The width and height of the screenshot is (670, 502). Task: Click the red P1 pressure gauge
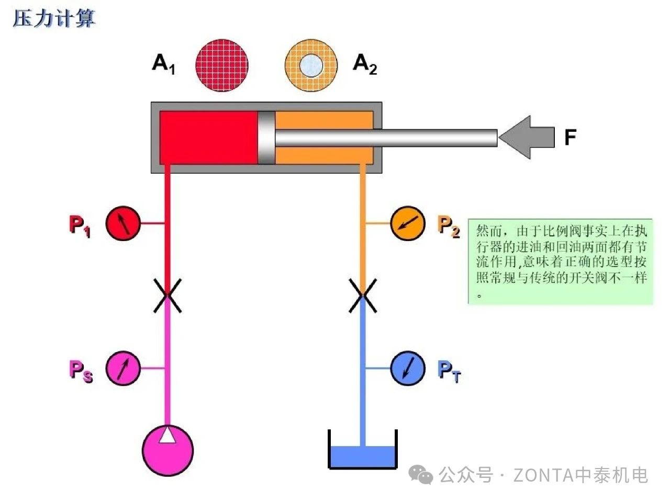point(123,224)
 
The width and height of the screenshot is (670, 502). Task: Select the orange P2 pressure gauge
point(408,224)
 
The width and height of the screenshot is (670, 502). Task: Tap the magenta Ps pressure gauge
point(123,368)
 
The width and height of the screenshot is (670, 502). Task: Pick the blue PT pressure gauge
point(408,368)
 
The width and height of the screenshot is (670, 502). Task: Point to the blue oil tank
point(362,456)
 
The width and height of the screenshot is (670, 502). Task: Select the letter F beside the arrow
point(570,138)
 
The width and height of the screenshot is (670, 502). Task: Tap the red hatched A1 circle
point(222,65)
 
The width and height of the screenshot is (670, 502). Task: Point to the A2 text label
point(365,64)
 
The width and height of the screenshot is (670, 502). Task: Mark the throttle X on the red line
point(167,295)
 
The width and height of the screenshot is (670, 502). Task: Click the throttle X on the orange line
point(362,295)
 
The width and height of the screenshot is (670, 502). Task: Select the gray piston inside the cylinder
point(266,138)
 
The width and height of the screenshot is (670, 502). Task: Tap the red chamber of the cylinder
point(208,138)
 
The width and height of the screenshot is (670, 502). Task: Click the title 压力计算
point(54,19)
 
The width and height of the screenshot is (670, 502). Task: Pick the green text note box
point(561,261)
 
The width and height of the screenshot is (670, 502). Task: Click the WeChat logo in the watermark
point(421,475)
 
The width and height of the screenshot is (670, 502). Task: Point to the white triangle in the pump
point(167,436)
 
